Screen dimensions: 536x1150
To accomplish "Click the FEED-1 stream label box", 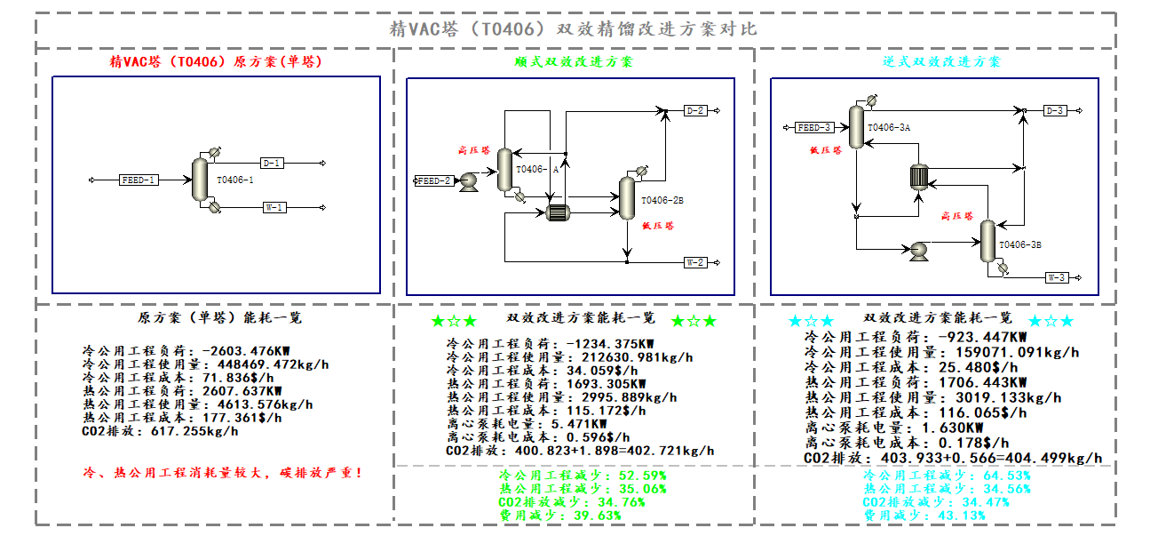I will coord(139,180).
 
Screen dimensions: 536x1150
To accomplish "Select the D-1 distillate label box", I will coord(272,164).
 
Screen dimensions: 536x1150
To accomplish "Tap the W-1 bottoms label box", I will coord(274,208).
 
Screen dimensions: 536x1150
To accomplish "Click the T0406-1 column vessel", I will coord(199,180).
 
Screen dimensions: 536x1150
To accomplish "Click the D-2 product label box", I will coord(695,110).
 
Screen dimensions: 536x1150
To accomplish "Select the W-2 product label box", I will coord(695,262).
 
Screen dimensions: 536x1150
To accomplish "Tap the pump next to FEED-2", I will coord(469,180).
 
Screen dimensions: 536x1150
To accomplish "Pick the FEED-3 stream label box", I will coord(813,128).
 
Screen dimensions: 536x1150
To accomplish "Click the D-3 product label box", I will coord(1055,110).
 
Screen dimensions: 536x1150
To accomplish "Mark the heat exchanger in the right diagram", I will coord(918,177).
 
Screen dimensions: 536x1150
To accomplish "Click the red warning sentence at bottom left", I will coord(222,473).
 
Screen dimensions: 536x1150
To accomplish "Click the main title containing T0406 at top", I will coord(575,28).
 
